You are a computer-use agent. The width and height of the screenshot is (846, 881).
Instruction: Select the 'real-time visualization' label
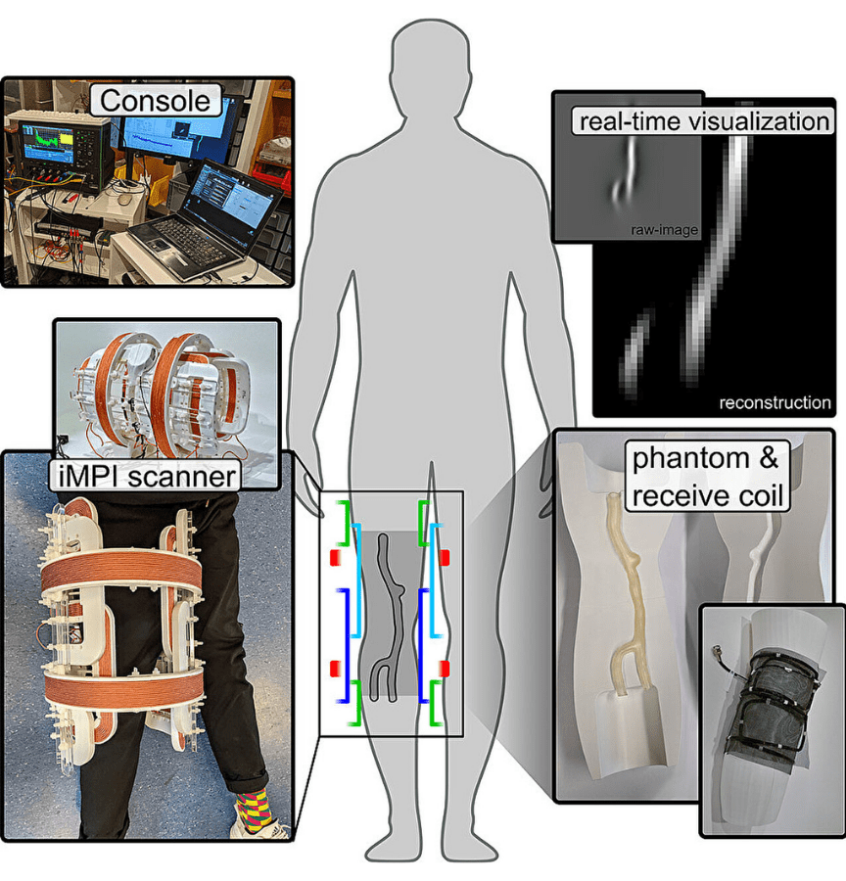click(703, 121)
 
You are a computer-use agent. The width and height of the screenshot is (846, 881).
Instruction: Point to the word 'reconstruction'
click(775, 402)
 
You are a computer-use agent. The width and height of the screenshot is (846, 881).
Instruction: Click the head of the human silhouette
click(424, 64)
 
